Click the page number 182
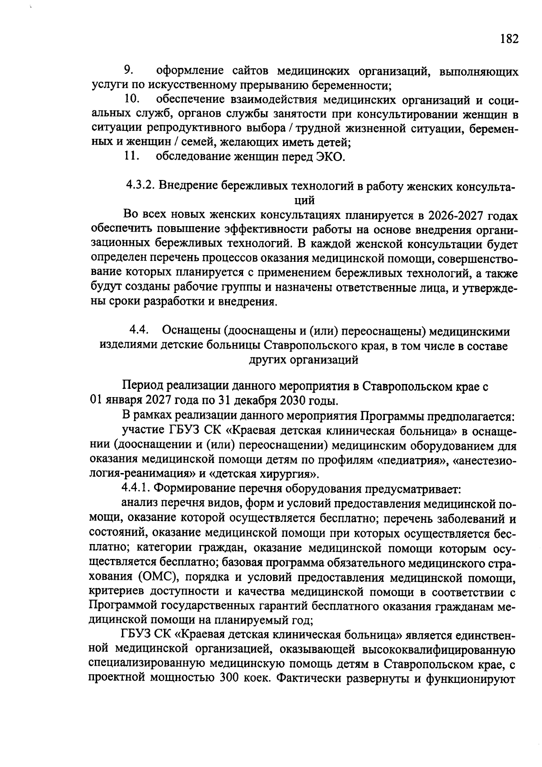pos(509,39)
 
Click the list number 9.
pos(128,71)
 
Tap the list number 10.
pos(131,99)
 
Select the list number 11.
pos(131,156)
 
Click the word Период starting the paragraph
pos(142,387)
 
